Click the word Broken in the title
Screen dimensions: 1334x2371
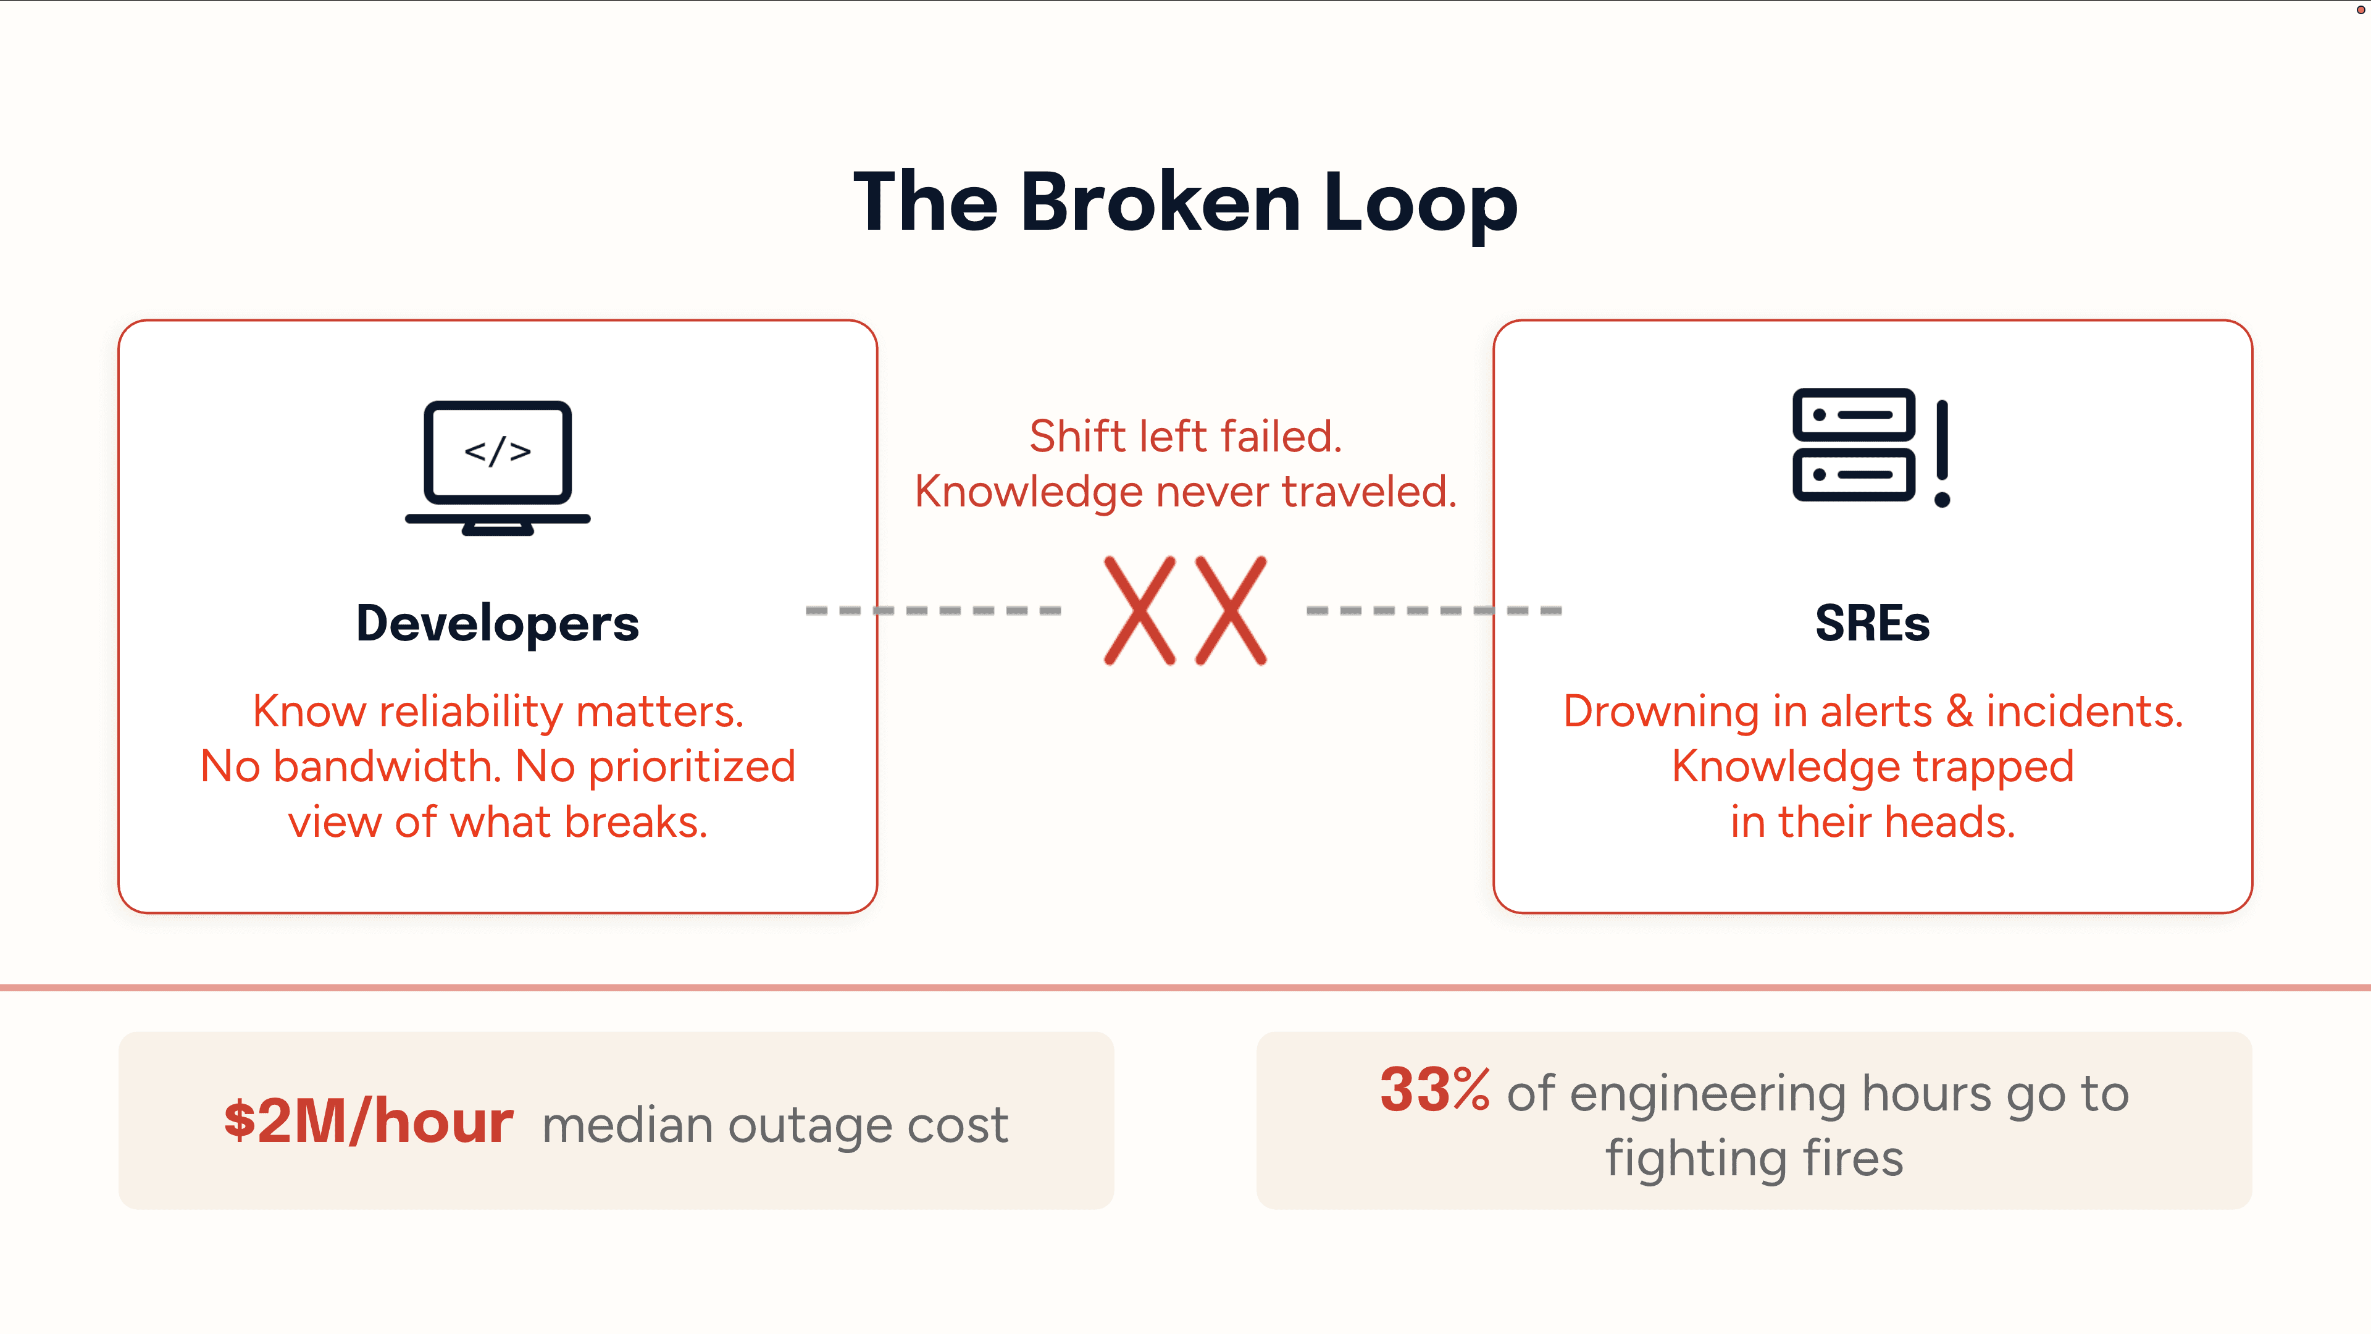tap(1160, 203)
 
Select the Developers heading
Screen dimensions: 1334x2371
tap(497, 623)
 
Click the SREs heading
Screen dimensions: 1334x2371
tap(1872, 623)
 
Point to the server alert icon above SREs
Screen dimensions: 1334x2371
tap(1854, 445)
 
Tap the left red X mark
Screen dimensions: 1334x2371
tap(1139, 610)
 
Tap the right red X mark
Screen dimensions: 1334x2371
tap(1231, 610)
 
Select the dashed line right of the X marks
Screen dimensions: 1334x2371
tap(1434, 610)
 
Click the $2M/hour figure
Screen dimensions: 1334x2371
tap(368, 1122)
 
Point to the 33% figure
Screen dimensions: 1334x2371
tap(1434, 1090)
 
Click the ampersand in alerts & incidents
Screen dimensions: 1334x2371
tap(1960, 711)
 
